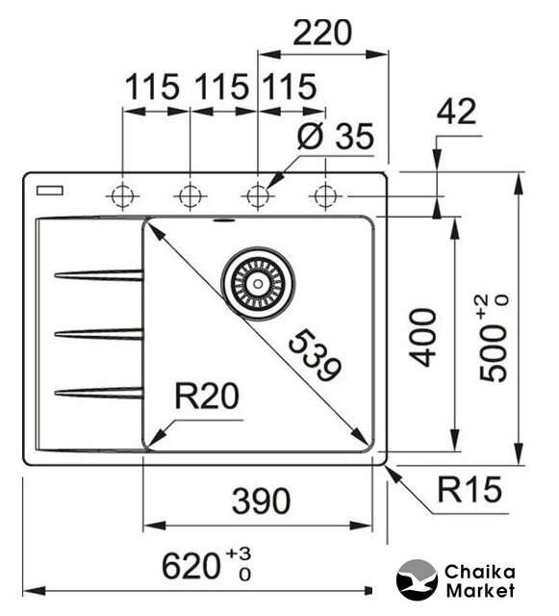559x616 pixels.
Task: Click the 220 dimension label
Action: pyautogui.click(x=322, y=33)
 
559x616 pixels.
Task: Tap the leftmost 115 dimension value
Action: pyautogui.click(x=152, y=87)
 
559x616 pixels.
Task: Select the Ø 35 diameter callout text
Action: pyautogui.click(x=335, y=136)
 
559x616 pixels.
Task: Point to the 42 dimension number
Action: pyautogui.click(x=456, y=112)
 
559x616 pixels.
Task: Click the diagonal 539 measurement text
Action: pyautogui.click(x=315, y=356)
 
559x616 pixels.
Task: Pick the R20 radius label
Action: pyautogui.click(x=207, y=396)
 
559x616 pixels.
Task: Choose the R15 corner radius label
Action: pyautogui.click(x=470, y=490)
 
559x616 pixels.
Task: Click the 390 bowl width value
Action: pyautogui.click(x=262, y=500)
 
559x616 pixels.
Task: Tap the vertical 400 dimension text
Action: pyautogui.click(x=422, y=338)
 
